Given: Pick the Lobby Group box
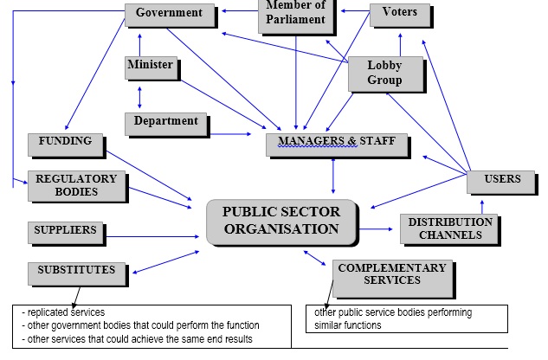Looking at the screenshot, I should pyautogui.click(x=384, y=74).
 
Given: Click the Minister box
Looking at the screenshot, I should pyautogui.click(x=150, y=66).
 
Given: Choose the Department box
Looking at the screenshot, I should pyautogui.click(x=166, y=123).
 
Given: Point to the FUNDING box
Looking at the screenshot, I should pyautogui.click(x=65, y=142).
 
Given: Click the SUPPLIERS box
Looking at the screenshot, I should pyautogui.click(x=65, y=232).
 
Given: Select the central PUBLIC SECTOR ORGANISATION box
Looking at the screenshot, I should pyautogui.click(x=280, y=222).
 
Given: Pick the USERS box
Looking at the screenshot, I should pyautogui.click(x=502, y=180).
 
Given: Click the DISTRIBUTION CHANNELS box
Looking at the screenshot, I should pyautogui.click(x=449, y=228).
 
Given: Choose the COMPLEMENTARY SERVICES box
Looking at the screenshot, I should pyautogui.click(x=391, y=275).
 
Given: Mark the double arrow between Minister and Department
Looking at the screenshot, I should pyautogui.click(x=140, y=94).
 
